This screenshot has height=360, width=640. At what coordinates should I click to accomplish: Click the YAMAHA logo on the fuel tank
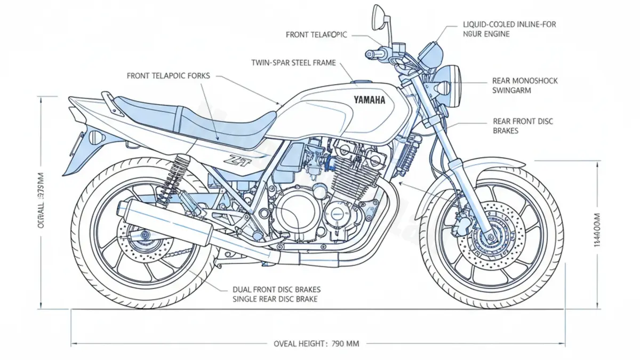[369, 100]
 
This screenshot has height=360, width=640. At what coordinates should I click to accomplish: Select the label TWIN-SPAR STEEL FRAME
[293, 63]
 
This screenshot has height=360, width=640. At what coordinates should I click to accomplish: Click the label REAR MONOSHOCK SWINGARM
[525, 85]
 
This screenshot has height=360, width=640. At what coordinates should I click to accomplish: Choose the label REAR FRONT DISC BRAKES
[523, 126]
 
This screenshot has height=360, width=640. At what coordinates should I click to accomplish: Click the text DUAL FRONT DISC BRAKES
[277, 290]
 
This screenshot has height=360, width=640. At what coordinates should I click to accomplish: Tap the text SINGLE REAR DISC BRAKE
[275, 299]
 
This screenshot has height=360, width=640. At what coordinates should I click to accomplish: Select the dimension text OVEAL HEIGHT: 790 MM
[316, 343]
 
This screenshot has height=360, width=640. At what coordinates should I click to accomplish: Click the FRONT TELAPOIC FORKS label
[168, 76]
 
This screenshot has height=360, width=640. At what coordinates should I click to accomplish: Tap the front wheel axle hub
[488, 235]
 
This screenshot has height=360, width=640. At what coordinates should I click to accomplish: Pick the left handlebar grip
[372, 54]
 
